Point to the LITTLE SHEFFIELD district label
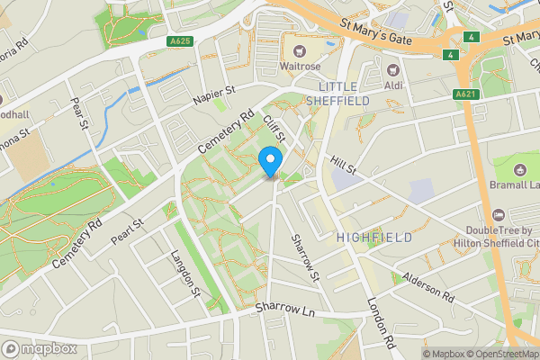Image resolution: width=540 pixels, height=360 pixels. pos(345,93)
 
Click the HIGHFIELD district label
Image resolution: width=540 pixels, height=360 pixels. pos(373,237)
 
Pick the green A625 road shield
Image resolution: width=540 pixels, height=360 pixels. pos(179,40)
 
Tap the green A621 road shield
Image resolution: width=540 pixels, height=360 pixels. pos(464,94)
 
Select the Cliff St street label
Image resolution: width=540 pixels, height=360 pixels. pos(275,129)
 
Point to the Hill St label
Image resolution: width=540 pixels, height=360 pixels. pos(344,165)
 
